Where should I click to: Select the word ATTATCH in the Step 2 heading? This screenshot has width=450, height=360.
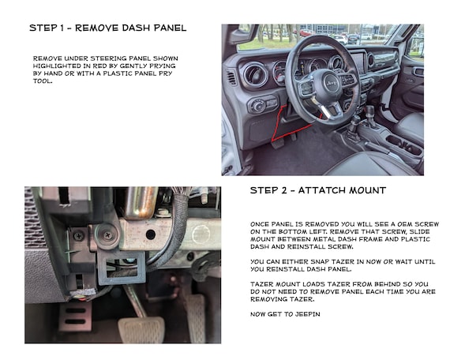[320, 190]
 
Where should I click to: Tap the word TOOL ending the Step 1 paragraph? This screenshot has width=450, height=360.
[43, 81]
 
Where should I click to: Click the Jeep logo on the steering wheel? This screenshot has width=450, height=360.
[332, 83]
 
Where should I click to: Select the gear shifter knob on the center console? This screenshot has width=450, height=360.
[370, 110]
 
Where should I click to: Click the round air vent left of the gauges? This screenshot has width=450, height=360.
[256, 75]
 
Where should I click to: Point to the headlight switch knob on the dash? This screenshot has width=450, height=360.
[258, 107]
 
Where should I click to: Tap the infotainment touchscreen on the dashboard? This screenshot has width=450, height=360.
[358, 63]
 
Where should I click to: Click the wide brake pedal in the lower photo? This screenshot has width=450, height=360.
[141, 330]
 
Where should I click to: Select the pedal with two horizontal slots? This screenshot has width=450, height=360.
[75, 316]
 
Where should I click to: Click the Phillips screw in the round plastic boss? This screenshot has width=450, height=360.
[108, 235]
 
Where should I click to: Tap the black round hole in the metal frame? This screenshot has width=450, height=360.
[151, 234]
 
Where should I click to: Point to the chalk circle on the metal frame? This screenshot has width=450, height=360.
[201, 234]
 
